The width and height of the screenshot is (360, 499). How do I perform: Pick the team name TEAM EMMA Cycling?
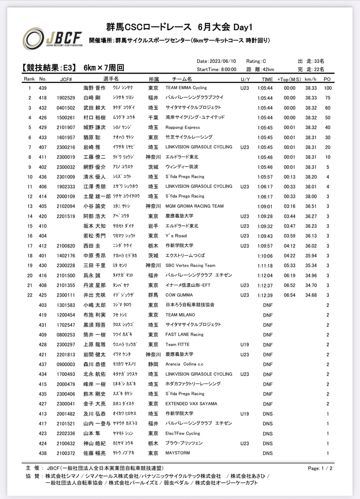tap(186, 88)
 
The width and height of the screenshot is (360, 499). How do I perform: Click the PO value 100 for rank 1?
tap(328, 88)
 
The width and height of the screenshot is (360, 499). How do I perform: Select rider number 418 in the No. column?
tap(43, 98)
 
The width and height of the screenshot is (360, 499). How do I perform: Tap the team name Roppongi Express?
tap(183, 127)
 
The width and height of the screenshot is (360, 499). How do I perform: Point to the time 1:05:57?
tap(265, 176)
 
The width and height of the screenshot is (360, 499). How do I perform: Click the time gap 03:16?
tap(289, 206)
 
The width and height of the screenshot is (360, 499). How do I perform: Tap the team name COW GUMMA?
tap(181, 295)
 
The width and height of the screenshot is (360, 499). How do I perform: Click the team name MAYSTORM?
tap(178, 453)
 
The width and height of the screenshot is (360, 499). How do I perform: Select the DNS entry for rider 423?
tap(268, 433)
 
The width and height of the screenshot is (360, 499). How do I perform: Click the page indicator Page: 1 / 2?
tap(320, 468)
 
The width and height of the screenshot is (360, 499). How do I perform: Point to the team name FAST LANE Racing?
tap(184, 334)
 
